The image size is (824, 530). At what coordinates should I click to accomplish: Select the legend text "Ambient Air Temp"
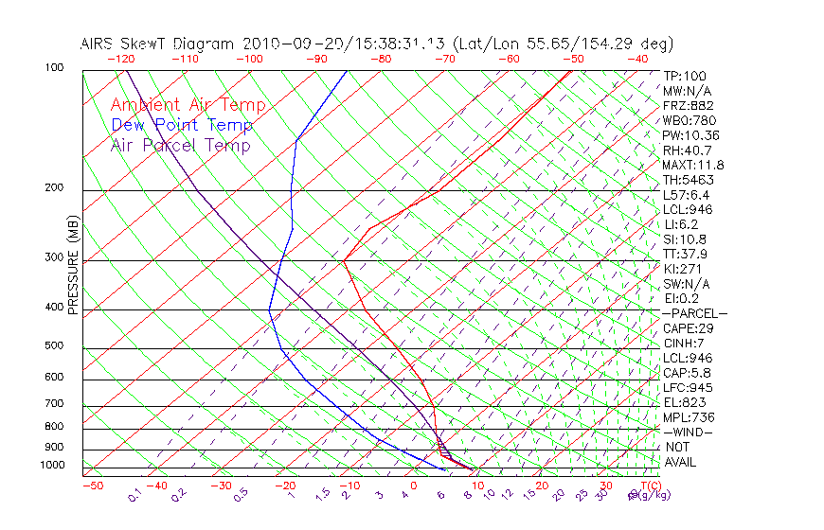(188, 106)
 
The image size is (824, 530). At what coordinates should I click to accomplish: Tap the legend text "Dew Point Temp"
(182, 126)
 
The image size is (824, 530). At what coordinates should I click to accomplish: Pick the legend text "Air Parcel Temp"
(181, 146)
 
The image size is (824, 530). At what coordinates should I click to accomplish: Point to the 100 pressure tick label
(54, 68)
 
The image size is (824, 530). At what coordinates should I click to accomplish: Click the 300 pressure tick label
(54, 257)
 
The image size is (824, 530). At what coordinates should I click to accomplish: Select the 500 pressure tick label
(54, 345)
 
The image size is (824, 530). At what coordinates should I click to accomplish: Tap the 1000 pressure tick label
(51, 465)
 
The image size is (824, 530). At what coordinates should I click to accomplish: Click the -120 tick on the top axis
(120, 59)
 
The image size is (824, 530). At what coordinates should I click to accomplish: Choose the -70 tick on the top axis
(444, 59)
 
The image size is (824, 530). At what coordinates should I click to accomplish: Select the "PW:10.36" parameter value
(691, 135)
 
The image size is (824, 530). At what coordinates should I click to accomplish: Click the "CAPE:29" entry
(689, 328)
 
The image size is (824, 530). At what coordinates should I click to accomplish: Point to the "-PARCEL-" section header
(694, 313)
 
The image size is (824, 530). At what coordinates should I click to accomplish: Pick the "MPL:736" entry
(689, 417)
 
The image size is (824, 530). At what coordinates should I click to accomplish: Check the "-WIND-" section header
(689, 432)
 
